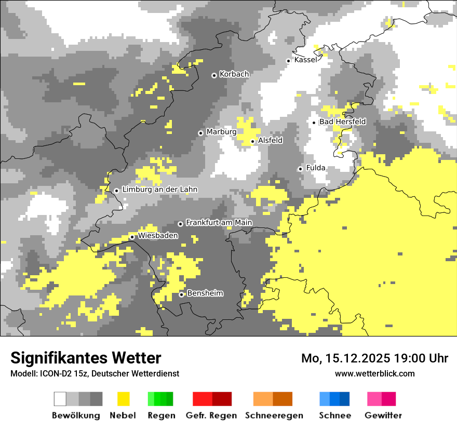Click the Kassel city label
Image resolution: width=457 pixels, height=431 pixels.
tap(305, 60)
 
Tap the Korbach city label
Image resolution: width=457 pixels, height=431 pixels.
tap(234, 74)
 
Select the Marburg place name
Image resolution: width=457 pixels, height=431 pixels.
tap(221, 132)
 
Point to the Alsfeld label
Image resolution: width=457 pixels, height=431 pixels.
tap(270, 140)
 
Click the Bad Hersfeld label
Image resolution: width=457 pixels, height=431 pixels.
tap(342, 122)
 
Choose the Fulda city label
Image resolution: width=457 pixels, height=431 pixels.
tap(316, 168)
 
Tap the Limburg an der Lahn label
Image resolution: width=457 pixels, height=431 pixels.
tap(159, 190)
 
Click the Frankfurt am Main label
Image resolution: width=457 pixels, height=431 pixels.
tap(219, 223)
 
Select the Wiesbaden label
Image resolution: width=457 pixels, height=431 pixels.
tap(158, 236)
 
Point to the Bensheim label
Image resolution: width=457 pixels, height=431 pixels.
tap(205, 293)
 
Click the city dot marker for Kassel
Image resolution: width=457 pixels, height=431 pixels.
tap(288, 61)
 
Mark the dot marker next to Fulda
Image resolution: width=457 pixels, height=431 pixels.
tap(300, 169)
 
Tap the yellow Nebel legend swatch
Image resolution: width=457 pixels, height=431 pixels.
tap(123, 399)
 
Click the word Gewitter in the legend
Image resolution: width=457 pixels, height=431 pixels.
tap(383, 415)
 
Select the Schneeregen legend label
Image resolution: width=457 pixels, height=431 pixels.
tap(274, 415)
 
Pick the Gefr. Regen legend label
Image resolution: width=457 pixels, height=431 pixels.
tap(211, 415)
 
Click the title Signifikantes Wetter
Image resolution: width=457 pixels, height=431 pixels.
tap(86, 358)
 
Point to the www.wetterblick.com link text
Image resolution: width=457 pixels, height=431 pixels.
tap(374, 373)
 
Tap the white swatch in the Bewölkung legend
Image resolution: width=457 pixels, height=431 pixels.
tap(60, 399)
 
